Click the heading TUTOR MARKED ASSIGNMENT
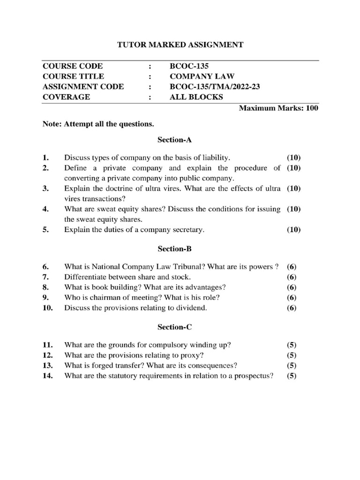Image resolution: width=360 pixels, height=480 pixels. (x=180, y=45)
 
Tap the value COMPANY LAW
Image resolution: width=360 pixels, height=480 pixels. (x=202, y=76)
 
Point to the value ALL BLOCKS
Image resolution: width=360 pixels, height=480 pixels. (x=196, y=97)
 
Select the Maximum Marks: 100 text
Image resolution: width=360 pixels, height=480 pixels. (x=278, y=108)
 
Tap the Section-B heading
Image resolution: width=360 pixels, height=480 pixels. (x=173, y=249)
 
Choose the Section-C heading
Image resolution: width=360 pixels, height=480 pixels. (x=173, y=327)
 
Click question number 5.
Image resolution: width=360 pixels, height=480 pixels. (x=45, y=230)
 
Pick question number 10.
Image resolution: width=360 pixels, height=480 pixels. (x=47, y=308)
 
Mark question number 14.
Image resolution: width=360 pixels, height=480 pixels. (x=47, y=375)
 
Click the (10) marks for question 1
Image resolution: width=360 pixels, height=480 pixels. (x=293, y=157)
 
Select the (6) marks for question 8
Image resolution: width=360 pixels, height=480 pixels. (x=292, y=287)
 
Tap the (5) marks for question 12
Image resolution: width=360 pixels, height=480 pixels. (x=292, y=355)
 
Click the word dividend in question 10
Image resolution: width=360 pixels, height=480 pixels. (x=191, y=308)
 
